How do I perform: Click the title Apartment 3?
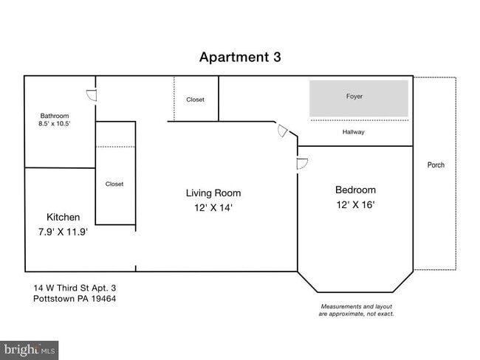pyautogui.click(x=240, y=57)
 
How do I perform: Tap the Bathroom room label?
pyautogui.click(x=55, y=116)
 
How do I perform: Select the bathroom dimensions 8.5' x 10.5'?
pyautogui.click(x=55, y=124)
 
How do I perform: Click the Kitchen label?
pyautogui.click(x=63, y=217)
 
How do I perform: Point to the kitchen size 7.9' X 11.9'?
pyautogui.click(x=63, y=231)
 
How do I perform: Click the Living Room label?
pyautogui.click(x=213, y=193)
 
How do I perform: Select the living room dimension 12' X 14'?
pyautogui.click(x=213, y=208)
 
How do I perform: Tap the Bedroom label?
pyautogui.click(x=355, y=190)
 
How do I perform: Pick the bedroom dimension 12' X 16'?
pyautogui.click(x=355, y=204)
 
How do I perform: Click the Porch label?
pyautogui.click(x=436, y=165)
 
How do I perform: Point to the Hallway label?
pyautogui.click(x=354, y=132)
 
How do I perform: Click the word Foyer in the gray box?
pyautogui.click(x=354, y=97)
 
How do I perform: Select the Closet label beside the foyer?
pyautogui.click(x=195, y=100)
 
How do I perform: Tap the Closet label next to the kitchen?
pyautogui.click(x=114, y=184)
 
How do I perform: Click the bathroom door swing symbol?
pyautogui.click(x=92, y=95)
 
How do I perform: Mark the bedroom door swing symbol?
pyautogui.click(x=301, y=164)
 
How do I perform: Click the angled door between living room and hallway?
pyautogui.click(x=283, y=131)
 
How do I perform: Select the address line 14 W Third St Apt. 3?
pyautogui.click(x=75, y=288)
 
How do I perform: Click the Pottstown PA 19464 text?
pyautogui.click(x=75, y=299)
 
